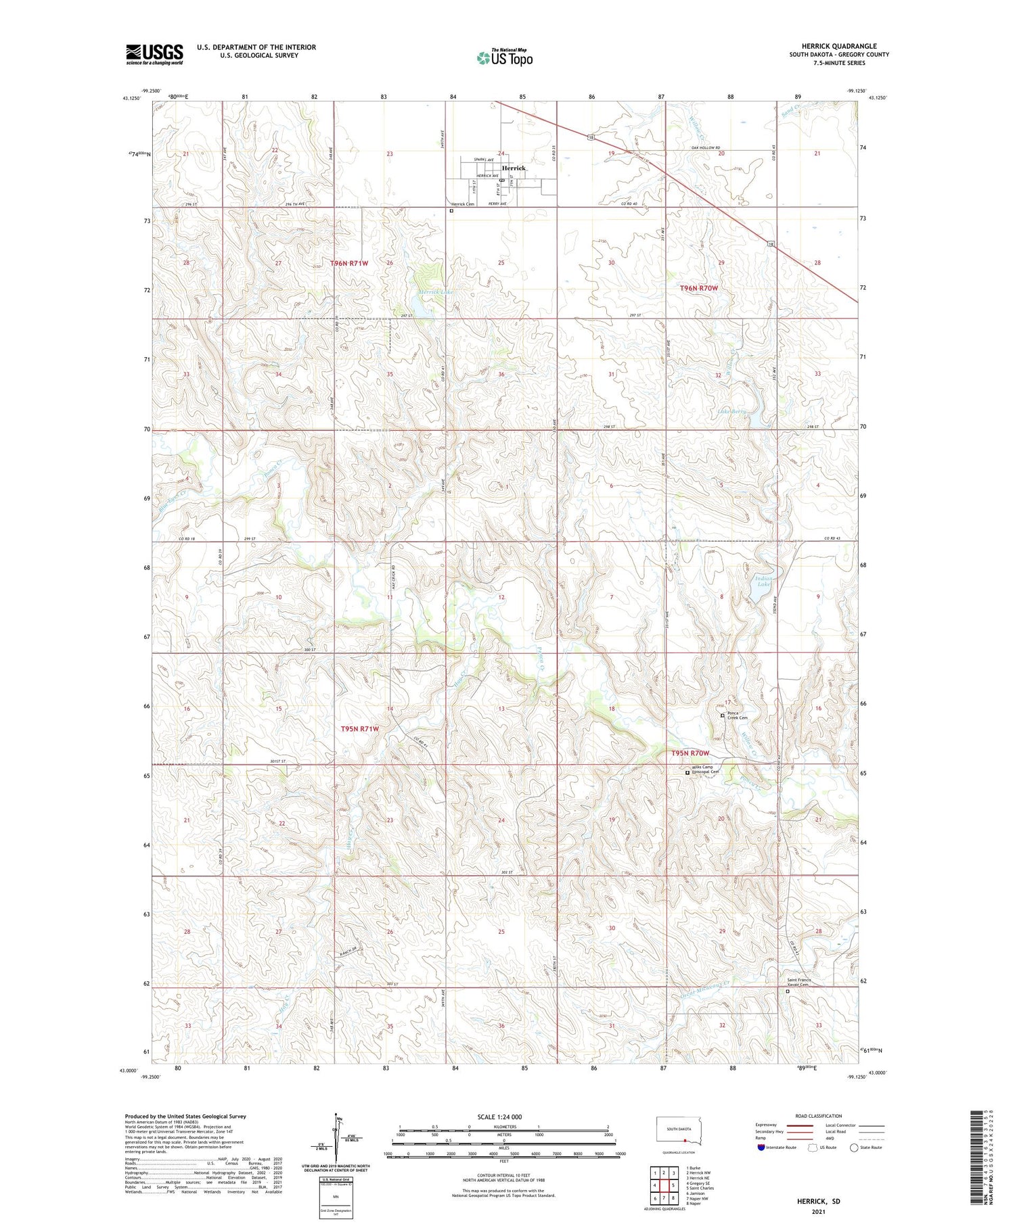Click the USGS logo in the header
[x=154, y=54]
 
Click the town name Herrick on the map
[x=513, y=168]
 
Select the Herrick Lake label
[x=435, y=292]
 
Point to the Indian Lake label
[x=763, y=582]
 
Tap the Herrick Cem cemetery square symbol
[x=451, y=211]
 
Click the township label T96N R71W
[x=350, y=262]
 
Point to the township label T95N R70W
[x=690, y=753]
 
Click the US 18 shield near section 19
[x=591, y=137]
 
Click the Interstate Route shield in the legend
[x=761, y=1148]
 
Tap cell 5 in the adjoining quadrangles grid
[x=673, y=1185]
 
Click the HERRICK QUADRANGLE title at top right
[x=838, y=46]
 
